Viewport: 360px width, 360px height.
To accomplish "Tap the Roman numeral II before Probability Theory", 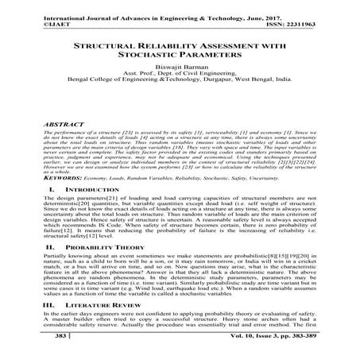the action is (x=29, y=248).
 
